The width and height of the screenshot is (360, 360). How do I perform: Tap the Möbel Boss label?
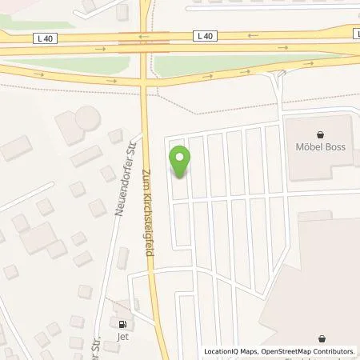(x=320, y=147)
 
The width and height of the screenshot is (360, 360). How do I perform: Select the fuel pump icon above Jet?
(x=122, y=325)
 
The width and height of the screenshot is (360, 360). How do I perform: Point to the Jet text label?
(x=122, y=337)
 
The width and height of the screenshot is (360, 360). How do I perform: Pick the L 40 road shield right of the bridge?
(x=206, y=35)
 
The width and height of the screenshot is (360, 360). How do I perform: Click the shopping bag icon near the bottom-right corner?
(x=321, y=339)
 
